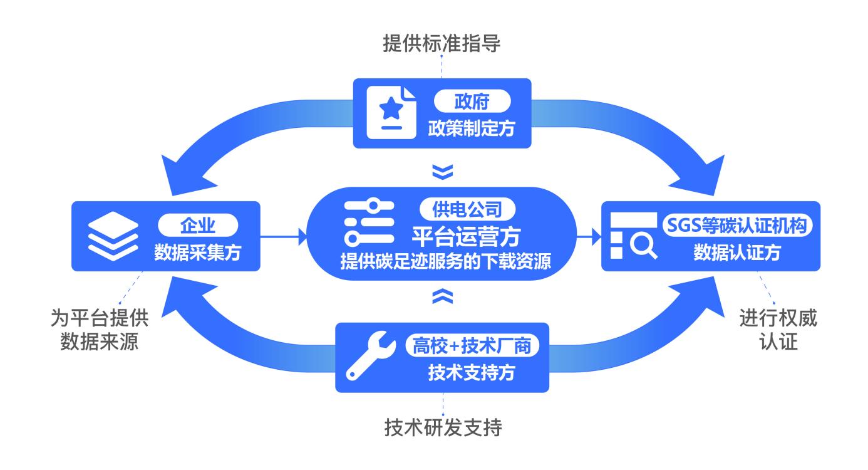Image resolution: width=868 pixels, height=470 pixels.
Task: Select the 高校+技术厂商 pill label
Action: pyautogui.click(x=472, y=346)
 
